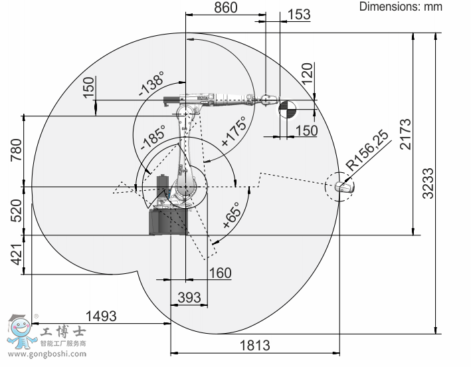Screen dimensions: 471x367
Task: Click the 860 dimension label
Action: click(226, 7)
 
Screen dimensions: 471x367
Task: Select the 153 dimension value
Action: click(298, 14)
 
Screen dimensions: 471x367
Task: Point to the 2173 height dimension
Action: click(405, 134)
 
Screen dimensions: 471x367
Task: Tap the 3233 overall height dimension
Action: click(428, 183)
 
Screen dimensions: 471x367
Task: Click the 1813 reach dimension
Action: click(254, 346)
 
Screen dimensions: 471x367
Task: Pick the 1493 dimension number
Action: click(101, 316)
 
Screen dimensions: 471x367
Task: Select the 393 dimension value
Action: click(189, 298)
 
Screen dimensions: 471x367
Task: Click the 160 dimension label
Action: click(220, 273)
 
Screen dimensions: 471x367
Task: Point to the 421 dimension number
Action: click(17, 255)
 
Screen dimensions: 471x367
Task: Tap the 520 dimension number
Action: click(17, 211)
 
